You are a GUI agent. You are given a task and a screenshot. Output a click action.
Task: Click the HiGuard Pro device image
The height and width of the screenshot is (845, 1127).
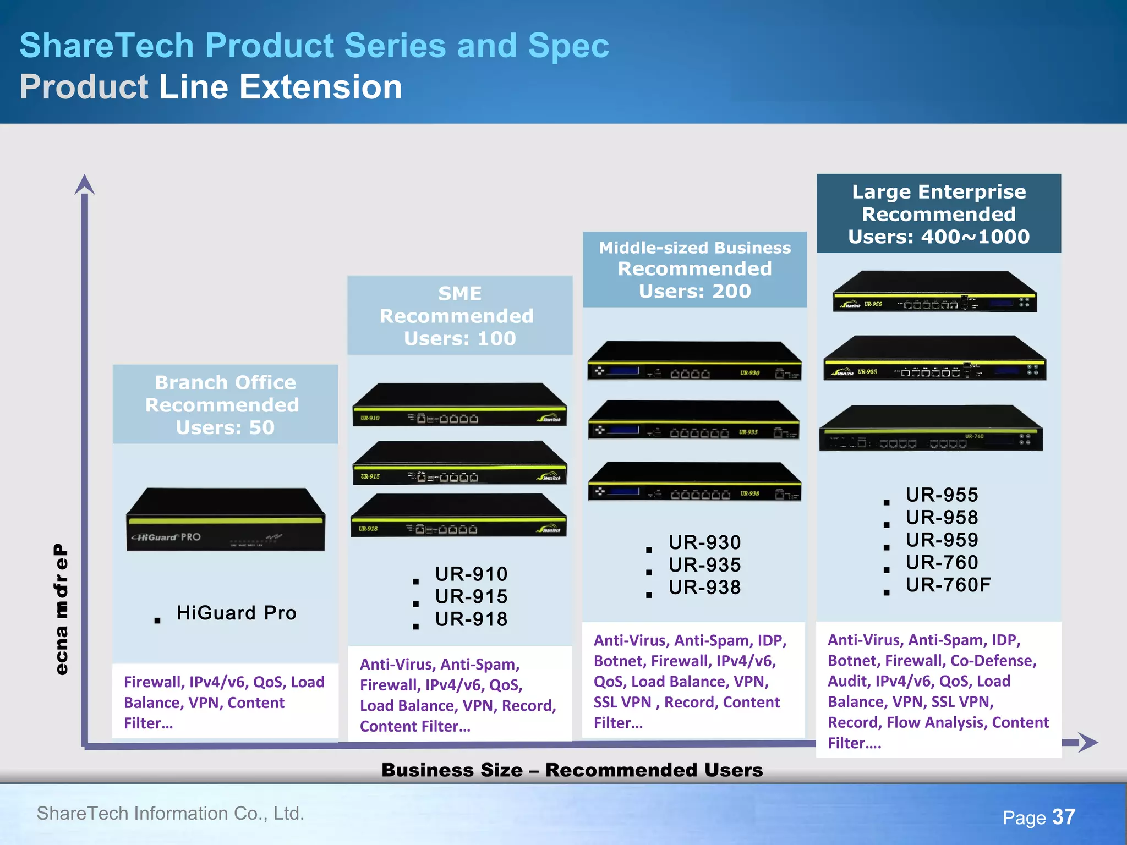[226, 520]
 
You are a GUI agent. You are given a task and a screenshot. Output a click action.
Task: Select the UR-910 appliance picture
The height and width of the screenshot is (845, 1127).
[460, 404]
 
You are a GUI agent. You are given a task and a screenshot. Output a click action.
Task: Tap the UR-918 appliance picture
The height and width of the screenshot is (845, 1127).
[459, 515]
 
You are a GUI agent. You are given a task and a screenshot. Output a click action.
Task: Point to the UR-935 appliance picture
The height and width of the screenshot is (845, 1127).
[694, 420]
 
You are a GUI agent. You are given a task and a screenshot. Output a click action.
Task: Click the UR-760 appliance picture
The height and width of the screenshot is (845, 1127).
[931, 429]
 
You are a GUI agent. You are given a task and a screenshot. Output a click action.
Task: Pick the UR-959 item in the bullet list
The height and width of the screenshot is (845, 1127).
[942, 540]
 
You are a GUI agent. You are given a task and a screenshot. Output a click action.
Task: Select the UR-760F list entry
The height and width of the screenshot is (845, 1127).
[948, 585]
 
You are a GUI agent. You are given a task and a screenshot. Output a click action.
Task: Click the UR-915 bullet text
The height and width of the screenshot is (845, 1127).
[471, 596]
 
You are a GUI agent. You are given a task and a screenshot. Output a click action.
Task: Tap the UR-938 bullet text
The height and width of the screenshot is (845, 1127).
[704, 588]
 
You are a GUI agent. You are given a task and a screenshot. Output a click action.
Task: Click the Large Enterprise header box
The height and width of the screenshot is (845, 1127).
[939, 214]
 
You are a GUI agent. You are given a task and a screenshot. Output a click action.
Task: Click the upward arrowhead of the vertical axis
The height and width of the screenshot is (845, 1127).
[84, 185]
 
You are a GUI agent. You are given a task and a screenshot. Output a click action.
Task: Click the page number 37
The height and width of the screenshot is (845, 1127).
[1063, 817]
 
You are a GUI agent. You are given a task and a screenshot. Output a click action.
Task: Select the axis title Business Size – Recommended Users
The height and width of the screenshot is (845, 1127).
[572, 770]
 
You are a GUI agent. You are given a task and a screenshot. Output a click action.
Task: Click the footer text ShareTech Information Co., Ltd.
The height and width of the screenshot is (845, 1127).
[171, 813]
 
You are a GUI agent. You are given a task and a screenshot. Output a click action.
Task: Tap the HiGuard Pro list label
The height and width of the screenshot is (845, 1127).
[236, 613]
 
